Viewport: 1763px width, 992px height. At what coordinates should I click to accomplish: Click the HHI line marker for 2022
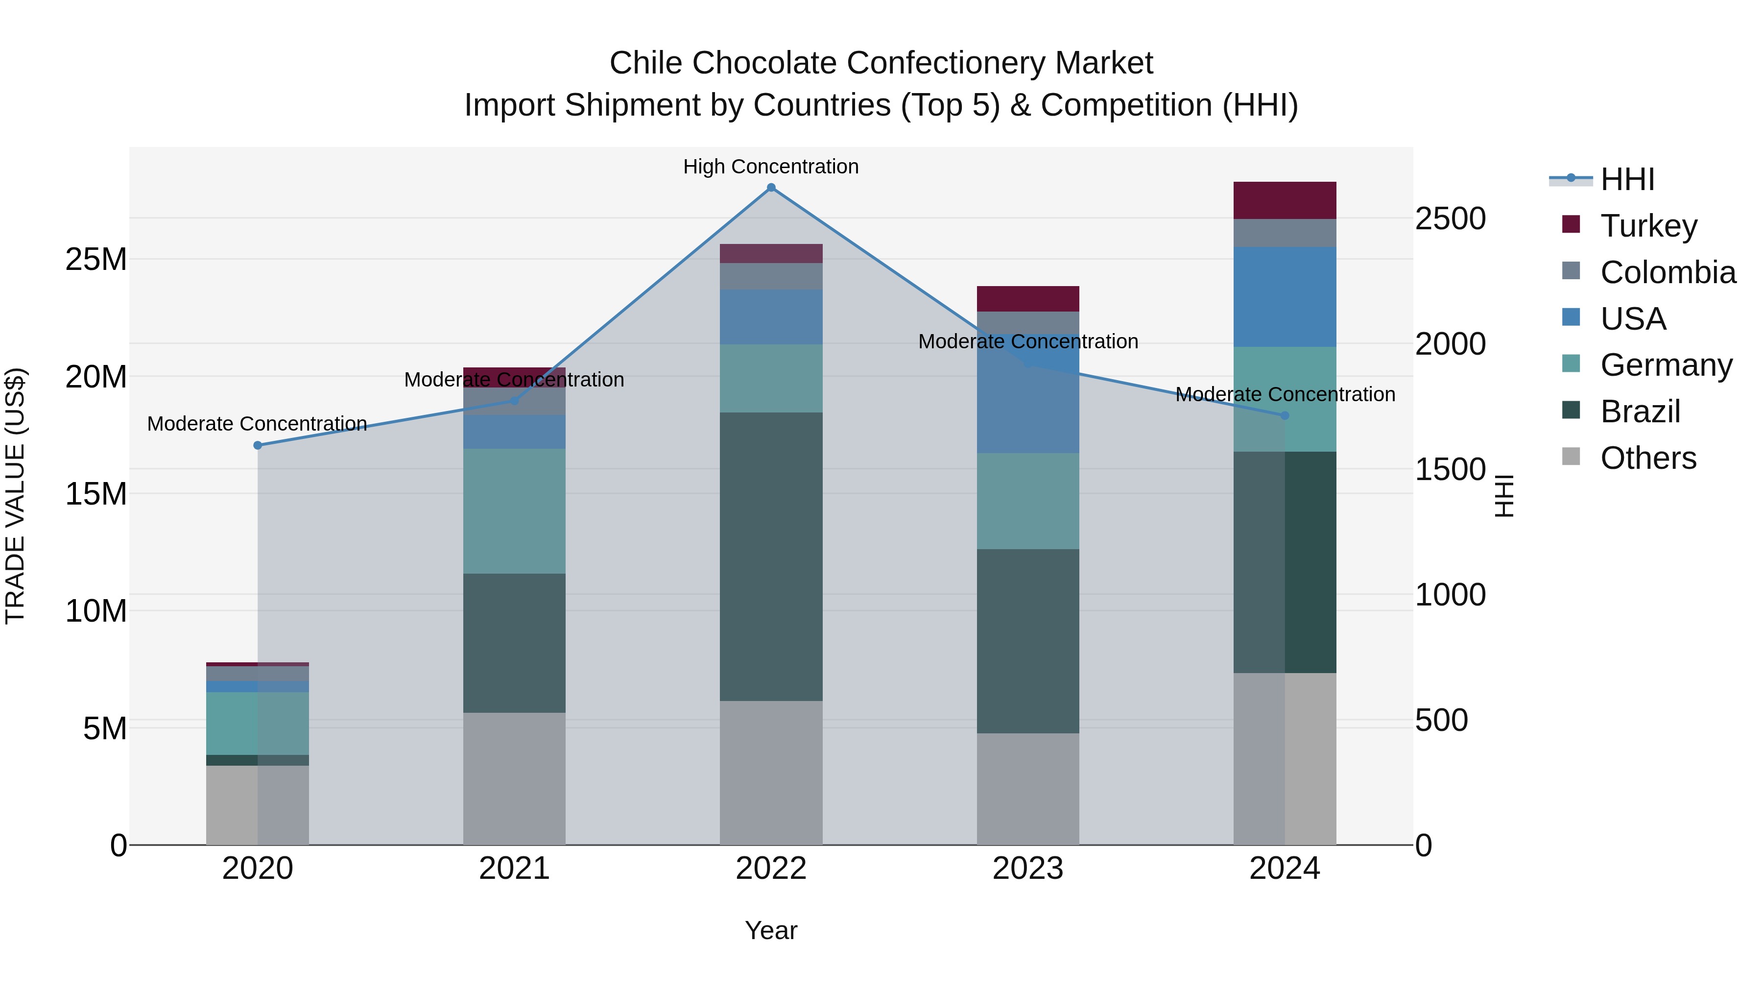(771, 188)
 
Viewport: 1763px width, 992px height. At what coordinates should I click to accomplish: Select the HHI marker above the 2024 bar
(1285, 415)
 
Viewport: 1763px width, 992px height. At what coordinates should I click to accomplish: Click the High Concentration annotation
(771, 167)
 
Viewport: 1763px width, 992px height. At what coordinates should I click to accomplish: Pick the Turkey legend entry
(1648, 225)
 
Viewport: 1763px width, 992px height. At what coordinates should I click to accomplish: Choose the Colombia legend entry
(1667, 272)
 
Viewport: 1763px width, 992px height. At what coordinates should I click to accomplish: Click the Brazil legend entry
(1640, 411)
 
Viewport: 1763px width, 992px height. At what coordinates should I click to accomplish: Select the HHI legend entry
(1627, 179)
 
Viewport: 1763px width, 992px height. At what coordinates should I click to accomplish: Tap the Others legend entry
(1647, 458)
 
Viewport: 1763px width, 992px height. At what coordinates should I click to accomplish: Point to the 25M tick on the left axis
(96, 260)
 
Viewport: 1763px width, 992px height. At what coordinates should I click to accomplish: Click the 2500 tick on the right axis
(1450, 219)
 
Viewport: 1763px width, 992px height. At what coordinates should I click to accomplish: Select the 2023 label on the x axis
(1028, 869)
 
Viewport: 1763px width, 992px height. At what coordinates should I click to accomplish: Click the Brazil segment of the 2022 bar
(771, 556)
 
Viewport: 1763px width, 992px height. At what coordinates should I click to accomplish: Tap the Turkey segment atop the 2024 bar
(1285, 200)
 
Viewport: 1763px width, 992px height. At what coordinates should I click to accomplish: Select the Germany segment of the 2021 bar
(515, 511)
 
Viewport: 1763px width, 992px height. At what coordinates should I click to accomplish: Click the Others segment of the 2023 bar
(1028, 789)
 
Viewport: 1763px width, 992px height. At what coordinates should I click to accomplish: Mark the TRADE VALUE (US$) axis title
(15, 496)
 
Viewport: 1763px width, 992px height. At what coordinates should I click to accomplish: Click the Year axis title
(771, 930)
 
